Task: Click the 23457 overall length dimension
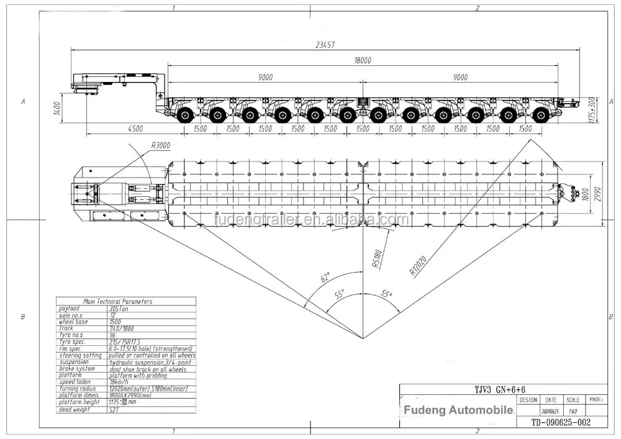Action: (325, 44)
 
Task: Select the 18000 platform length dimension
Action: (362, 60)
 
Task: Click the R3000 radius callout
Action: (160, 145)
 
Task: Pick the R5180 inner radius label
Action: (376, 256)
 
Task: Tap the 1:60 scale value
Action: (573, 410)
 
